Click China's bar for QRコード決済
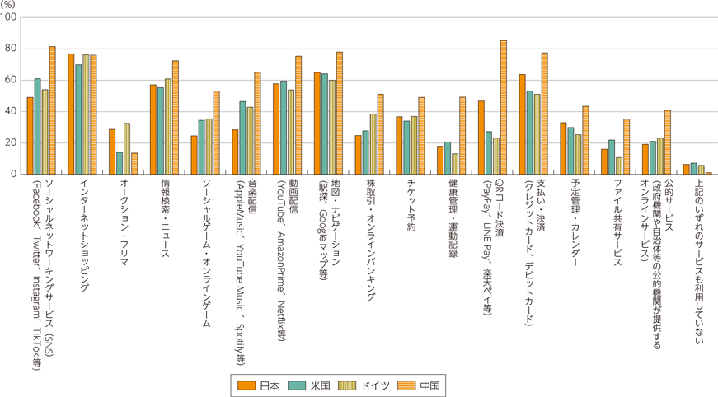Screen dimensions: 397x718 click(504, 107)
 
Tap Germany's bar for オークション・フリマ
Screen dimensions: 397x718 click(127, 148)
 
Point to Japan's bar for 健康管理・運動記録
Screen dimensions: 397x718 click(440, 160)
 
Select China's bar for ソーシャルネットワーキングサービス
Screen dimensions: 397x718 click(52, 110)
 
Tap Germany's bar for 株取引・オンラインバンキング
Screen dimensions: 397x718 click(373, 144)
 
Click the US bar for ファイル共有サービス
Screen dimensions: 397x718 click(612, 156)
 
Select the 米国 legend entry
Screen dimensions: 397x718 click(312, 385)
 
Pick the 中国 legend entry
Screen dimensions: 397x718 click(420, 385)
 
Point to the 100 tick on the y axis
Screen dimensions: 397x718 click(9, 17)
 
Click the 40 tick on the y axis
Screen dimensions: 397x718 click(11, 111)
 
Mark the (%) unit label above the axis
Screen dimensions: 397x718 click(8, 5)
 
